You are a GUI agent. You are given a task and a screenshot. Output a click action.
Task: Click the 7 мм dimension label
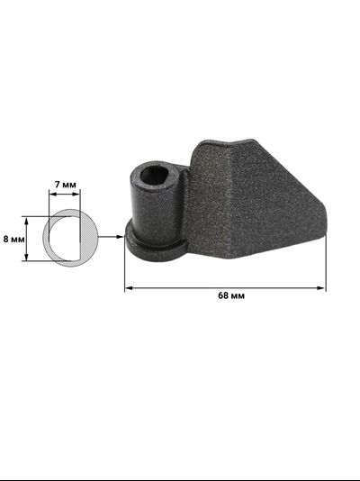click(x=66, y=184)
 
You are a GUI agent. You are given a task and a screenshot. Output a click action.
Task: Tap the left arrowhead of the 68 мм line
click(x=128, y=287)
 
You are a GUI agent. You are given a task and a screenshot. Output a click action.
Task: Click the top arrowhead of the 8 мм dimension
click(x=28, y=219)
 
